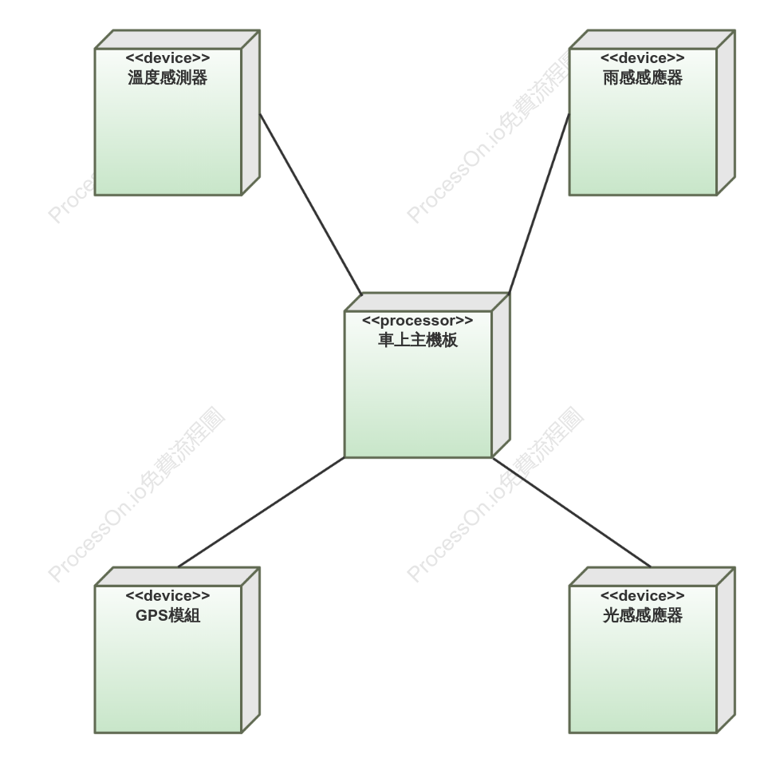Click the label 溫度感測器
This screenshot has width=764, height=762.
pos(167,77)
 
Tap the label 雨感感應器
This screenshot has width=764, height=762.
pos(643,77)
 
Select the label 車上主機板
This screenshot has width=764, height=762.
pos(418,340)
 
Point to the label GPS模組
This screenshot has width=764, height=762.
pos(167,615)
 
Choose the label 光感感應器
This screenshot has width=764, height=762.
pos(643,615)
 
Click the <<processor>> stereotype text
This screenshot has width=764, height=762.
pos(418,320)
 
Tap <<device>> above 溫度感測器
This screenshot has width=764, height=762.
pos(167,58)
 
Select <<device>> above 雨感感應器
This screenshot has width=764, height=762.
pos(643,58)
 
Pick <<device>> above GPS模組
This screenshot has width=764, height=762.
pos(167,596)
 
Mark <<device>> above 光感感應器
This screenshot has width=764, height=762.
pos(643,596)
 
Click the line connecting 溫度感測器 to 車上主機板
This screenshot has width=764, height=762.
pos(311,204)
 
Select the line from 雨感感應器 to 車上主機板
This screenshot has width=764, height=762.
pos(539,203)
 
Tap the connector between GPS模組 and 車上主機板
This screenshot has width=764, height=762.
pos(261,512)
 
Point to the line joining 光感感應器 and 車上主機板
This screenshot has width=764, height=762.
pos(572,512)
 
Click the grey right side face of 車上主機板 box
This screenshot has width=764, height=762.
pos(501,375)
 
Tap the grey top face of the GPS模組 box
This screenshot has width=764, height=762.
pos(177,576)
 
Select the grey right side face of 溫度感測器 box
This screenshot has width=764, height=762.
pos(250,113)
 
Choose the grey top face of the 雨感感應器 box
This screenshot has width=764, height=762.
pos(652,39)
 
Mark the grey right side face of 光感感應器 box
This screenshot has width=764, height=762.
pos(726,649)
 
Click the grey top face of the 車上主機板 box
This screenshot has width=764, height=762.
pos(427,302)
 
